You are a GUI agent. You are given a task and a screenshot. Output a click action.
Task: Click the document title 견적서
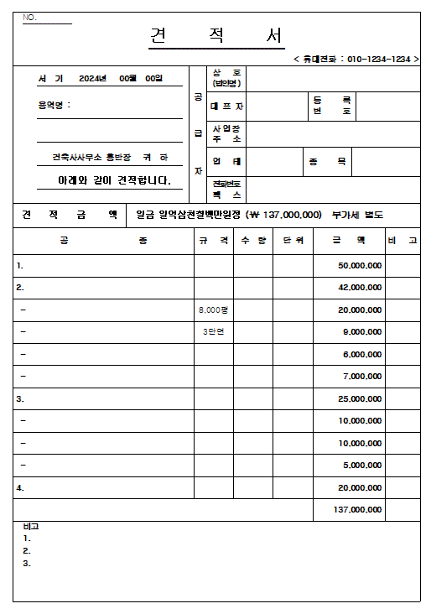coord(216,36)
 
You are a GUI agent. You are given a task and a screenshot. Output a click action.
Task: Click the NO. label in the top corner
coord(30,18)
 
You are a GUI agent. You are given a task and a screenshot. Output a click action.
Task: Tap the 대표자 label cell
coord(226,107)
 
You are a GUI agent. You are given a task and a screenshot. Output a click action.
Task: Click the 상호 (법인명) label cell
coord(226,79)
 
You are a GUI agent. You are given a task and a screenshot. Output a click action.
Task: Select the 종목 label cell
coord(327,162)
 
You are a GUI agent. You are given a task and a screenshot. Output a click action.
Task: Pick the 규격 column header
coord(213,241)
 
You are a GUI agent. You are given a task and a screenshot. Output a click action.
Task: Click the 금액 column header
coord(348,241)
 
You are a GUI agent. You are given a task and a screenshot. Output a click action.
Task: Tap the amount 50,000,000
coord(361,266)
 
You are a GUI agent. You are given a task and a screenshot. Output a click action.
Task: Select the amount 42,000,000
coord(361,288)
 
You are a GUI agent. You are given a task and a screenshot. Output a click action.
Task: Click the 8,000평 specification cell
coord(213,310)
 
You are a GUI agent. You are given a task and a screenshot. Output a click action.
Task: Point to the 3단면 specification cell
coord(213,332)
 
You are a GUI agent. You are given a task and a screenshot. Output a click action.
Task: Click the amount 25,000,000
coord(361,398)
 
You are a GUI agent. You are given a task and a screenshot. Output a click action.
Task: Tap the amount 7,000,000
coord(362,377)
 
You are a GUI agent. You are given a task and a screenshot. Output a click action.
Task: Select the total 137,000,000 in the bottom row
coord(358,509)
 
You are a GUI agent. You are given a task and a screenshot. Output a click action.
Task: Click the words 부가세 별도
coord(357,215)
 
